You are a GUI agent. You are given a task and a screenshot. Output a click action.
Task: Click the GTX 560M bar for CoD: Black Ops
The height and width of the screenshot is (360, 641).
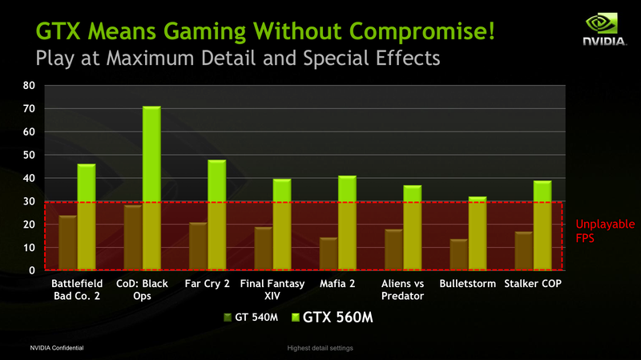point(151,188)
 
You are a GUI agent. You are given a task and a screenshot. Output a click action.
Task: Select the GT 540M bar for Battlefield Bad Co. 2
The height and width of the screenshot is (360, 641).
point(67,243)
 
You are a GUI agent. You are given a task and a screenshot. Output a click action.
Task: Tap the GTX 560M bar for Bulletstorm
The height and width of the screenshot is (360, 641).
point(477,233)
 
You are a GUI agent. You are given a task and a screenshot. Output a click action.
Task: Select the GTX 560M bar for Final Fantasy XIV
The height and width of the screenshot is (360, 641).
point(282,224)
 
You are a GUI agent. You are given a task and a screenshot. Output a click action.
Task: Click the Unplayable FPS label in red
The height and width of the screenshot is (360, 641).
point(605,231)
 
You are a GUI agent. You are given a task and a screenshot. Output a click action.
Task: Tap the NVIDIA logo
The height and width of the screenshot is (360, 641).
point(603,30)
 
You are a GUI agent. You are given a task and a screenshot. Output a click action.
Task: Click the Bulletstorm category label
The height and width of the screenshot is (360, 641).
point(468,285)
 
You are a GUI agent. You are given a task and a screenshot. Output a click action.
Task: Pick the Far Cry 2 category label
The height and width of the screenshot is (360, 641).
point(208,285)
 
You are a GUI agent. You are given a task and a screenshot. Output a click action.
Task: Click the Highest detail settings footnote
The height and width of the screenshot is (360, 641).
point(320,348)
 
